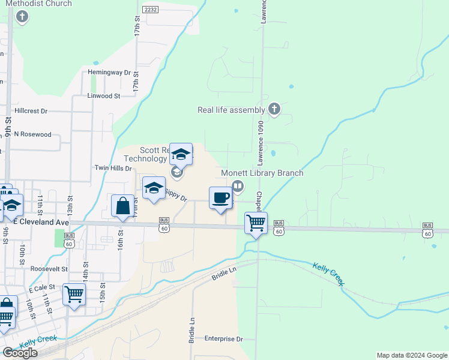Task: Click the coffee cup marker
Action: click(x=221, y=197)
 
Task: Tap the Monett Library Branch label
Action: click(x=262, y=173)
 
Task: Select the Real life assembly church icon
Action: click(x=274, y=109)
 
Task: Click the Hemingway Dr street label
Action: click(x=109, y=72)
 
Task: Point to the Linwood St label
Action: click(x=104, y=95)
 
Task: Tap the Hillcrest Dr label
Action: click(x=31, y=111)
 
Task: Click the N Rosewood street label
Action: click(x=33, y=134)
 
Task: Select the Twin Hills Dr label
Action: click(x=113, y=169)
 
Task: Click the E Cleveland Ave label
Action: click(x=41, y=222)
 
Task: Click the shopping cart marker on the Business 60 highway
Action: click(x=256, y=223)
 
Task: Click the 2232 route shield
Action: click(x=150, y=10)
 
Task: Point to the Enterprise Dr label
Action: click(x=223, y=339)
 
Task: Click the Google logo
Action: click(x=20, y=353)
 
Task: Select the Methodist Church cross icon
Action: click(x=22, y=16)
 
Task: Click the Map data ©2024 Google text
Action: click(x=411, y=355)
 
